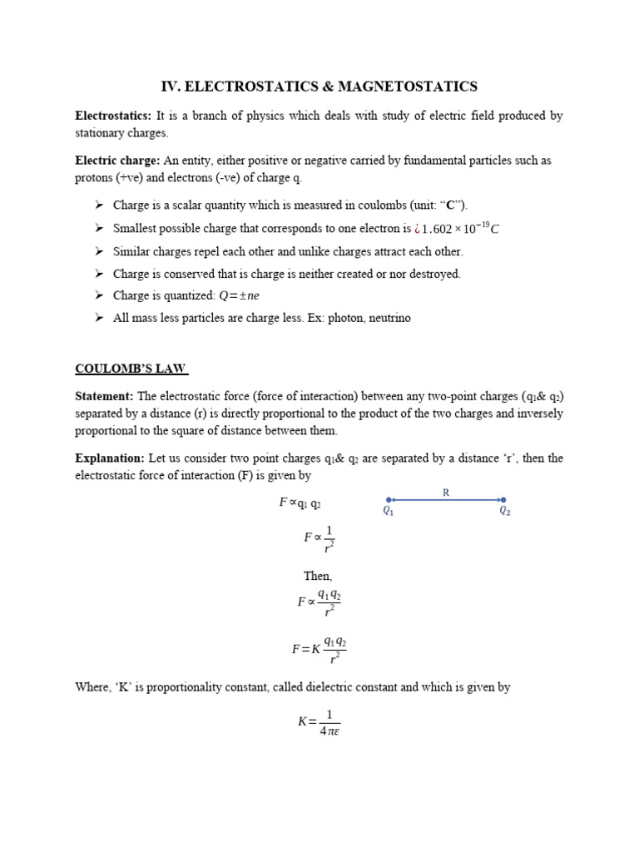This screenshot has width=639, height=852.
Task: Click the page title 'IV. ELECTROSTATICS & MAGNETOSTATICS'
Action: pyautogui.click(x=319, y=86)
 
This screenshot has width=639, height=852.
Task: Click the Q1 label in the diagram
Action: pyautogui.click(x=388, y=513)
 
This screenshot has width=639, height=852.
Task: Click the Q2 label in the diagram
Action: pyautogui.click(x=504, y=513)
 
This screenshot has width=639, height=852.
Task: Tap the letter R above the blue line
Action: pyautogui.click(x=446, y=493)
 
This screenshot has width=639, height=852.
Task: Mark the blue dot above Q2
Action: pyautogui.click(x=503, y=500)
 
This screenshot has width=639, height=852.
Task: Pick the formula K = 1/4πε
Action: pyautogui.click(x=319, y=721)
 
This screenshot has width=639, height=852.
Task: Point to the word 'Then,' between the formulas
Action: pyautogui.click(x=319, y=576)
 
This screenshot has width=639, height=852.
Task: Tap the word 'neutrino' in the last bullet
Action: pyautogui.click(x=386, y=318)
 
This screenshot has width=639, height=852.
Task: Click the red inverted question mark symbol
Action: pyautogui.click(x=417, y=230)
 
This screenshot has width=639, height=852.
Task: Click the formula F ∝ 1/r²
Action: pyautogui.click(x=319, y=538)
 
